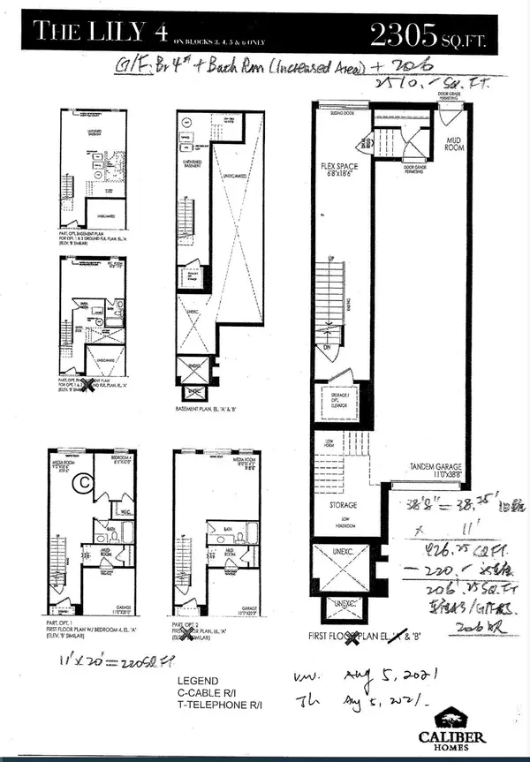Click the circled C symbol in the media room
pyautogui.click(x=85, y=483)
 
